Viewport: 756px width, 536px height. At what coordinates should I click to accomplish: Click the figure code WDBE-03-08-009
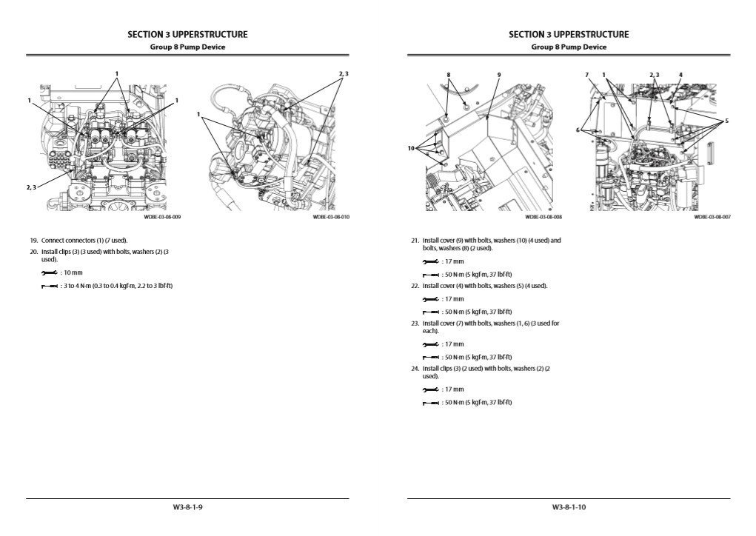coord(162,218)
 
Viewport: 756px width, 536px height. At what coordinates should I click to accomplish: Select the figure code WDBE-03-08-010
coord(330,218)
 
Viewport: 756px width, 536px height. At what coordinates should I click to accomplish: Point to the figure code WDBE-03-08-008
coord(543,218)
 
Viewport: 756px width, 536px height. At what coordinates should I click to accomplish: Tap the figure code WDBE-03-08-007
coord(712,218)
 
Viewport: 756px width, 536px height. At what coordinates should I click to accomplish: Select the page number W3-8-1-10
coord(569,507)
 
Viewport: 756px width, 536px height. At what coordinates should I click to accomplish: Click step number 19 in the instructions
coord(34,241)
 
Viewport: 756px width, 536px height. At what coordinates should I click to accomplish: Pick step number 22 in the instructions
coord(415,286)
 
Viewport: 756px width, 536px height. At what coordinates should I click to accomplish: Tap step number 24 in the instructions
coord(415,368)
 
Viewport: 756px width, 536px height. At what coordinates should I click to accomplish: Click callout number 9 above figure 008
coord(499,75)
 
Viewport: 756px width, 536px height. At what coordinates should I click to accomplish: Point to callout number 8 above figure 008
coord(448,75)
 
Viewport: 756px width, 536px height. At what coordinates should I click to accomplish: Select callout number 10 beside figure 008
coord(411,148)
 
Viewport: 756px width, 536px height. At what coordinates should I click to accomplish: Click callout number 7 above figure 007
coord(586,75)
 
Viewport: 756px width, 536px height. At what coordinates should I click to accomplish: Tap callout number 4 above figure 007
coord(680,75)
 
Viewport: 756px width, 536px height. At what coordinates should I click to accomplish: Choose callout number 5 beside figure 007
coord(726,121)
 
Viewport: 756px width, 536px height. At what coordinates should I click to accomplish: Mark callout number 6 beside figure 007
coord(578,130)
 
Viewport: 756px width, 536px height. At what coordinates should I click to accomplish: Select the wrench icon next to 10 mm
coord(49,273)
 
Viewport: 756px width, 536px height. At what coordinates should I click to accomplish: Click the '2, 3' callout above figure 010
coord(343,74)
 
